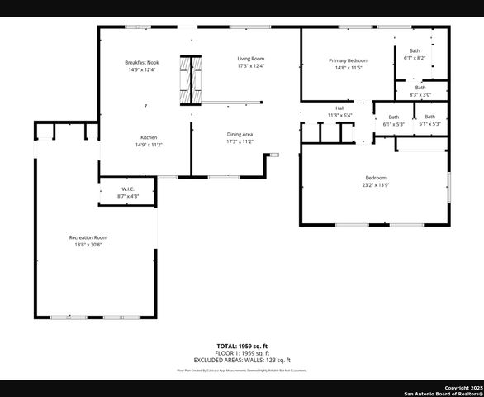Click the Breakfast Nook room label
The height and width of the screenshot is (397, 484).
tap(142, 62)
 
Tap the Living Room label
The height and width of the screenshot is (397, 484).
tap(250, 59)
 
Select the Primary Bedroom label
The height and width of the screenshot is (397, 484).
tap(349, 60)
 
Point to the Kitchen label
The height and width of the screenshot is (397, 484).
tap(149, 137)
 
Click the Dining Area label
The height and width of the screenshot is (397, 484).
tap(240, 134)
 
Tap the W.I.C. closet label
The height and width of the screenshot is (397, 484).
tap(128, 189)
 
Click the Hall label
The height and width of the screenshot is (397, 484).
tap(339, 108)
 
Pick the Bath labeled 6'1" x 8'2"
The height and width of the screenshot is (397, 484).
tap(415, 51)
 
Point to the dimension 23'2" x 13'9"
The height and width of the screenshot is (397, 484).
tap(376, 185)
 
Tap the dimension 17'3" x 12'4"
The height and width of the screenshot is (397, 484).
tap(250, 66)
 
